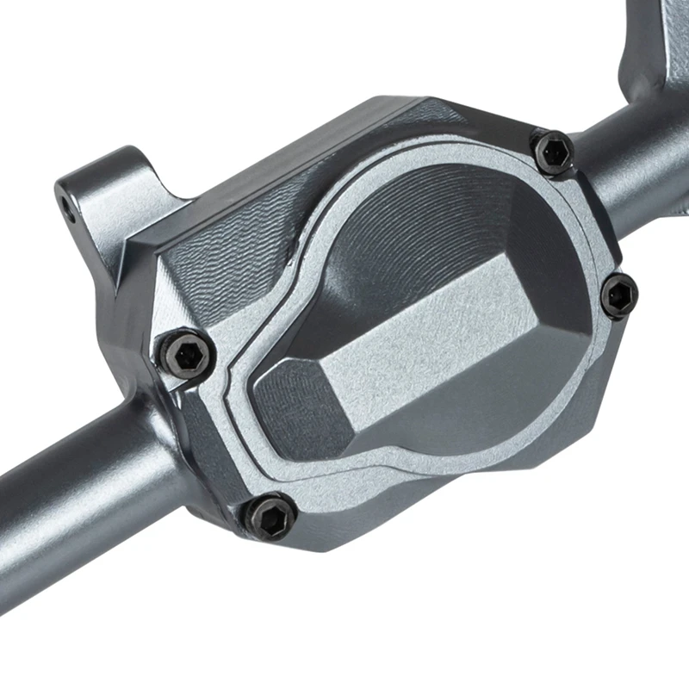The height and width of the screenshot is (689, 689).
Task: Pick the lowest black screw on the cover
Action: (x=272, y=517)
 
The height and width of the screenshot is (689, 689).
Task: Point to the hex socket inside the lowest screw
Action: (x=272, y=517)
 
